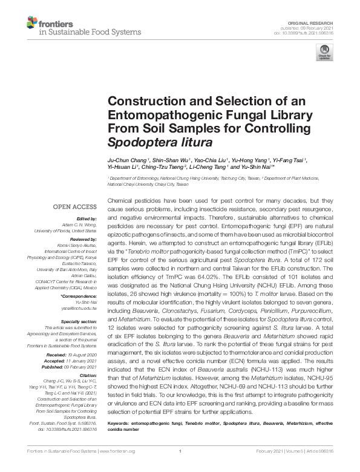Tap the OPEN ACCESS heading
[76, 207]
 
